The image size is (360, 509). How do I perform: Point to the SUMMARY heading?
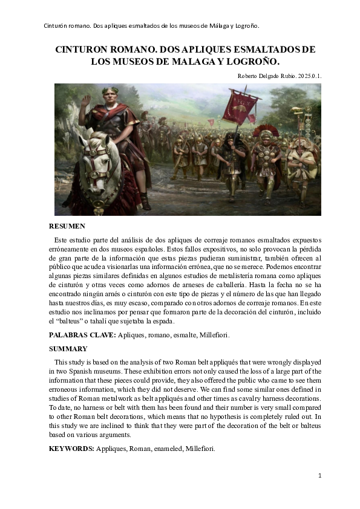tap(68, 349)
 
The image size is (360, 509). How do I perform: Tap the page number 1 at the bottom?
tap(320, 476)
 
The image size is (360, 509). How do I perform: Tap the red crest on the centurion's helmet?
tap(264, 131)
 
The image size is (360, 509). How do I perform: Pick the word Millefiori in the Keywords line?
tap(197, 449)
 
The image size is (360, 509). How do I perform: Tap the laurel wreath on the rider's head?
tap(110, 91)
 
